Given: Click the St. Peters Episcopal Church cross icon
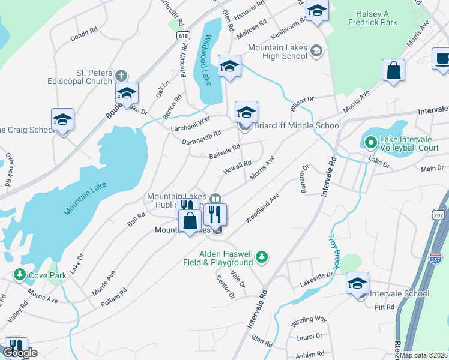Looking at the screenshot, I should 122,75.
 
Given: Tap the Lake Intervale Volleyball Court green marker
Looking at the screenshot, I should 370,142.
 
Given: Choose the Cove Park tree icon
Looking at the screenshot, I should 20,275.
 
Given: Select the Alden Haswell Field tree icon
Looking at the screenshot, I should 261,257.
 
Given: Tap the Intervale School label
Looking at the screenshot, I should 399,293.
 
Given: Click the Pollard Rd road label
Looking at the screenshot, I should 114,298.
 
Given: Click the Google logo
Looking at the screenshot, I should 20,353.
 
